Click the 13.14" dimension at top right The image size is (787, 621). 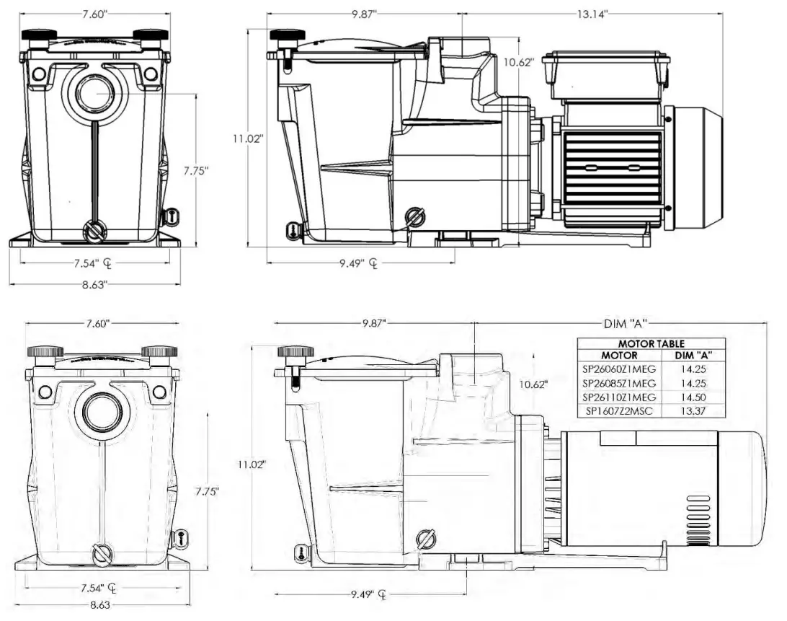pos(592,14)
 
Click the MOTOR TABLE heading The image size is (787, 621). pos(651,344)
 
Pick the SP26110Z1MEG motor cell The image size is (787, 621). pos(618,397)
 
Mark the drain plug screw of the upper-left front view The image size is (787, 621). pos(94,232)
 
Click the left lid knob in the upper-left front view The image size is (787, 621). pos(39,35)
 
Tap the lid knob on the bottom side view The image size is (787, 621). pos(295,352)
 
